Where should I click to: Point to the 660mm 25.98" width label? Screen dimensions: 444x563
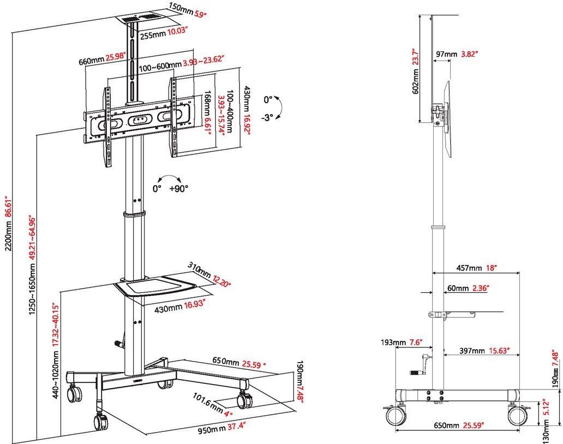pyautogui.click(x=102, y=58)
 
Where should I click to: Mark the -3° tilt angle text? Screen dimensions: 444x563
pyautogui.click(x=267, y=117)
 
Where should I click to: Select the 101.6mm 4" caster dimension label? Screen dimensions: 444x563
pyautogui.click(x=212, y=405)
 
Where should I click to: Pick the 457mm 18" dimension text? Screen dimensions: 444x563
pyautogui.click(x=480, y=268)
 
